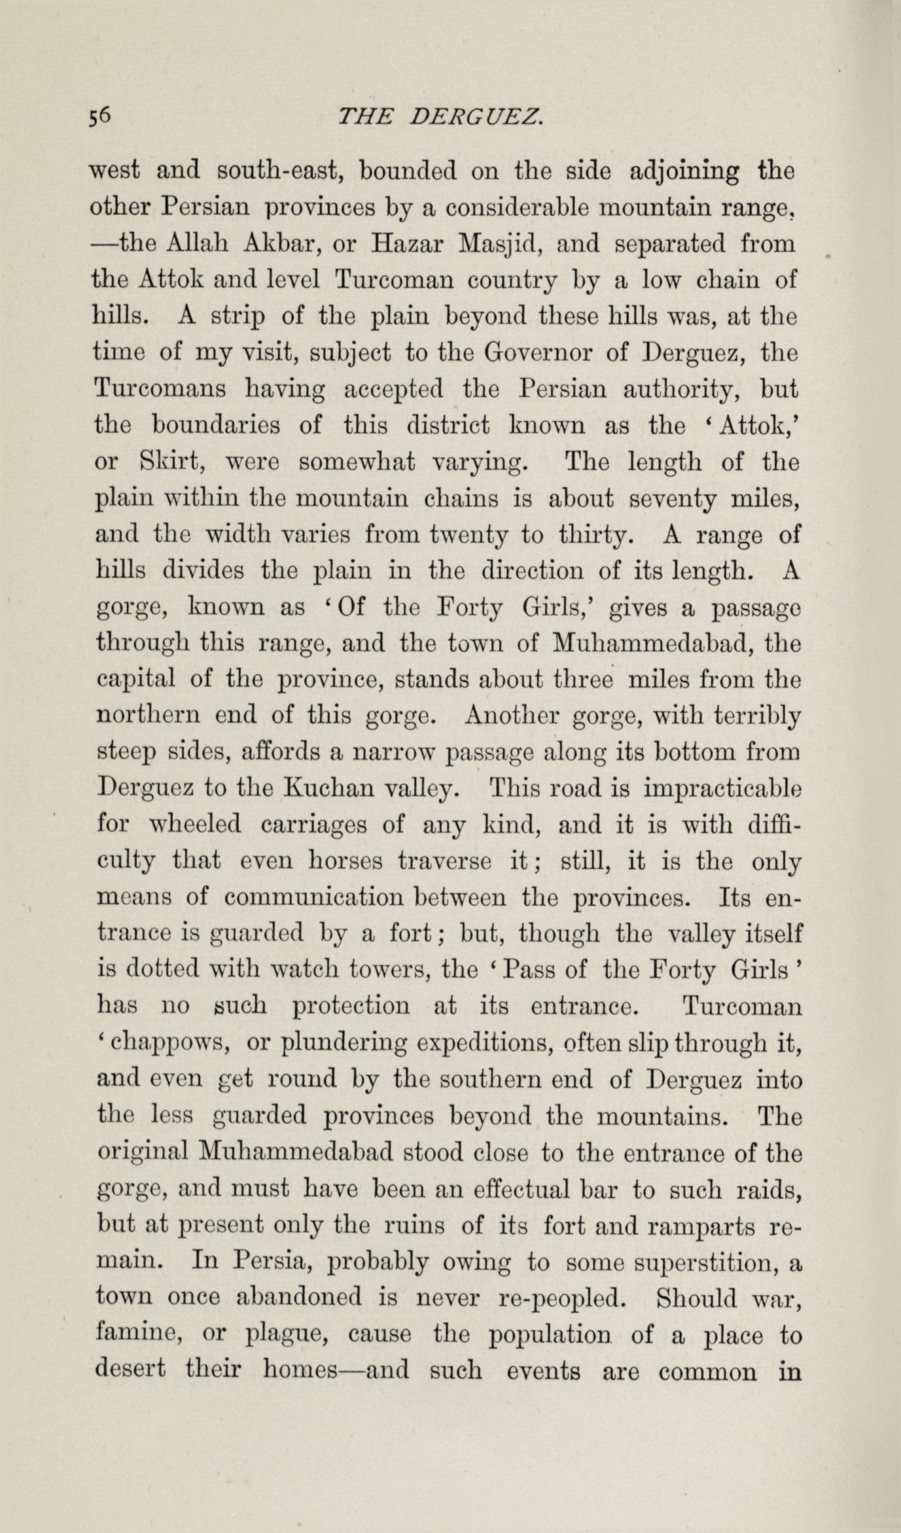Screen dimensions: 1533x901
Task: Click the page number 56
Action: point(101,117)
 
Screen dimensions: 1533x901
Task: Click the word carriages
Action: point(317,824)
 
